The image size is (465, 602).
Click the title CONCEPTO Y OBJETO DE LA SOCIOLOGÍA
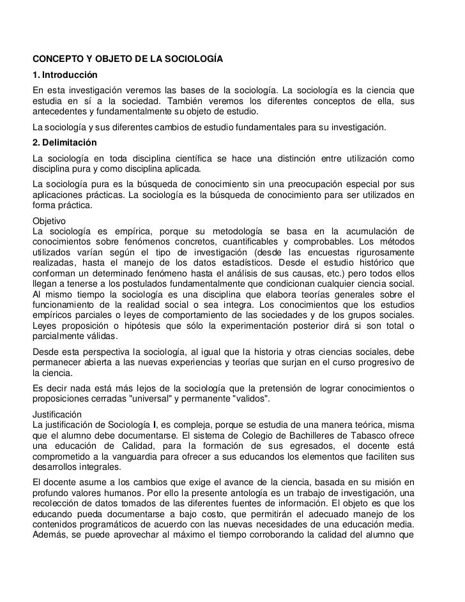tap(128, 61)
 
